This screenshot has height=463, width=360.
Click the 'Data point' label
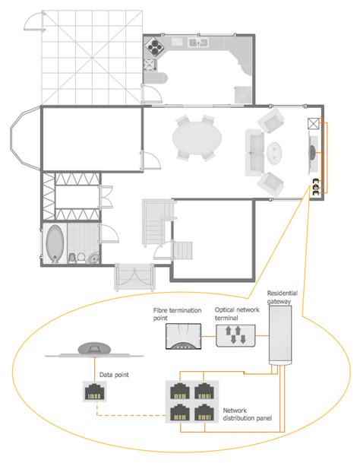point(113,374)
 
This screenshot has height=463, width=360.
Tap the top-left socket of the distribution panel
point(179,391)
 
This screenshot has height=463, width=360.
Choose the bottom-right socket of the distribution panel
point(204,414)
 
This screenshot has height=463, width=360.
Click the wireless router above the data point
point(94,349)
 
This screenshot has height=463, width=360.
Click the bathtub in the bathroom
point(55,244)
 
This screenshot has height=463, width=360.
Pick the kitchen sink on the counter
point(200,43)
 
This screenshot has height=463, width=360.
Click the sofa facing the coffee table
point(254,151)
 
